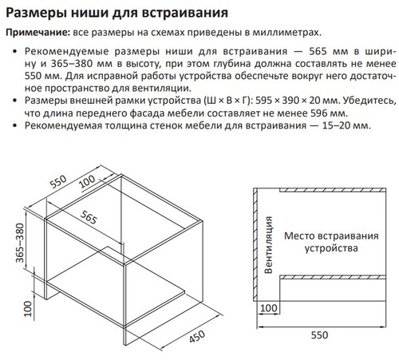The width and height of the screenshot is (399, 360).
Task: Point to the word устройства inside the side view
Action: pyautogui.click(x=327, y=249)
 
